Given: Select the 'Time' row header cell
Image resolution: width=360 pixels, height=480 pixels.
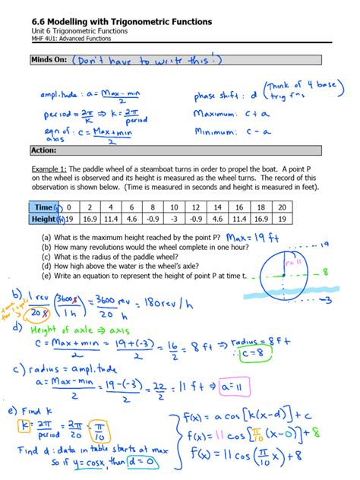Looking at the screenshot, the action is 45,207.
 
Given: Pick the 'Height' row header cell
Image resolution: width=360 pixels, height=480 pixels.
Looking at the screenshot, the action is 45,219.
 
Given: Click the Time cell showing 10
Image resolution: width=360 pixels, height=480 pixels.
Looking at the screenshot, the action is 175,207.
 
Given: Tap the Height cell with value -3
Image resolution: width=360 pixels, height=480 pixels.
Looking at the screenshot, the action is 175,219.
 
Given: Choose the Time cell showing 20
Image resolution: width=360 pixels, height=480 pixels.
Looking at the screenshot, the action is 283,207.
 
